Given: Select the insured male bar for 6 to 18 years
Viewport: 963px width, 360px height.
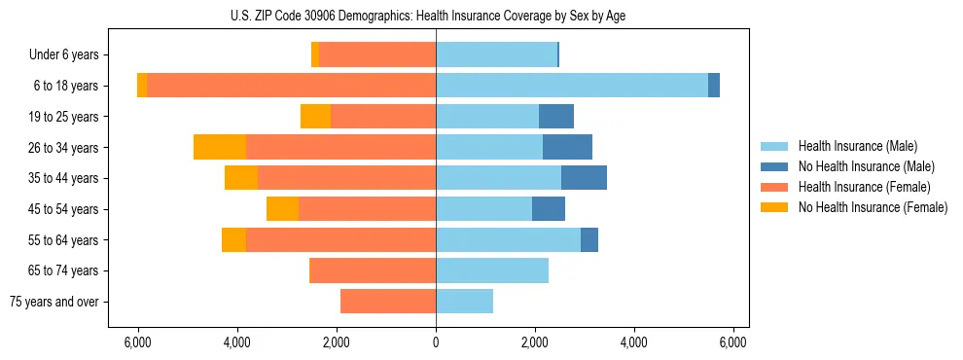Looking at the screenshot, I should (572, 86).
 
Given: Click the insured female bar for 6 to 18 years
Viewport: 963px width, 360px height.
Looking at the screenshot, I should (291, 86).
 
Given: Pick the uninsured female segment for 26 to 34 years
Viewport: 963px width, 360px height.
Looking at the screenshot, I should (220, 147).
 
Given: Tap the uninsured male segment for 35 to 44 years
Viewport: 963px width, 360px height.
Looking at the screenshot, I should (584, 178).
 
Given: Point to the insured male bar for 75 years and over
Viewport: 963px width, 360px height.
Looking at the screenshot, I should (464, 302).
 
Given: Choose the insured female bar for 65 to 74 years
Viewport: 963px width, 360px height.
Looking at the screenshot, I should (373, 270).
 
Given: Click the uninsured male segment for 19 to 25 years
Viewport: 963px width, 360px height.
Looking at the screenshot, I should (556, 117).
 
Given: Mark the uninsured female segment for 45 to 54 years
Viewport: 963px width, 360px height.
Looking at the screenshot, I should (282, 209).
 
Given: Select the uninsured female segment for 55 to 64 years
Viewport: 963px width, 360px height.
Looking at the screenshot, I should (233, 239).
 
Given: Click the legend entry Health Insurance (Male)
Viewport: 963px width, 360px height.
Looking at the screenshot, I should (857, 146).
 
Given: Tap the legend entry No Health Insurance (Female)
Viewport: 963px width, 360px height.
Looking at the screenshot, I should (873, 207).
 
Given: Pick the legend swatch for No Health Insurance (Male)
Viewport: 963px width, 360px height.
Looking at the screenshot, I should (774, 166).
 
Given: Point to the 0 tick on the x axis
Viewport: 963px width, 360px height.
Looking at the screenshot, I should (436, 342).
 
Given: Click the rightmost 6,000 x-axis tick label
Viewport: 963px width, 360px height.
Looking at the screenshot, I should (732, 342).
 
